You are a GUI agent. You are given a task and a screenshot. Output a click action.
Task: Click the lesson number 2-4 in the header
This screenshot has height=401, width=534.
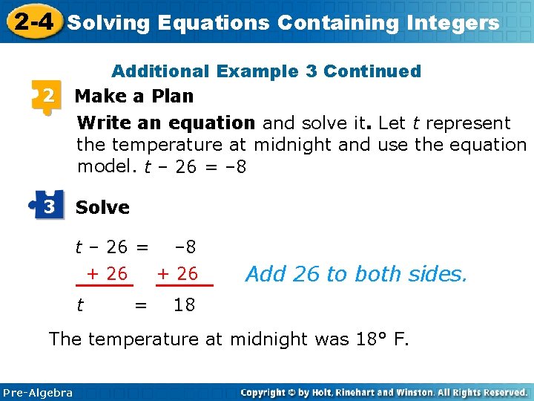tap(33, 22)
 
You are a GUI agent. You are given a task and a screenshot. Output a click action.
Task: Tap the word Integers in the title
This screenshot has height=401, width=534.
tap(454, 23)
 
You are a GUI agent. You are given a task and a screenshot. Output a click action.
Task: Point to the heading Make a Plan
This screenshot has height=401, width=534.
tap(134, 97)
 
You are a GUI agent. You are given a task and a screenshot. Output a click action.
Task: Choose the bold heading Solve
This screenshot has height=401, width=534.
tap(102, 208)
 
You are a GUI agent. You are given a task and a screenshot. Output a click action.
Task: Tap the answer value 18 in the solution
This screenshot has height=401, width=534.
tap(184, 304)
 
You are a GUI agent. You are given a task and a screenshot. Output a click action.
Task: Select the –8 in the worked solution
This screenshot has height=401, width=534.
tap(184, 247)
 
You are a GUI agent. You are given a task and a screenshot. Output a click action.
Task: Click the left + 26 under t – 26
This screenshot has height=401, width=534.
tap(107, 274)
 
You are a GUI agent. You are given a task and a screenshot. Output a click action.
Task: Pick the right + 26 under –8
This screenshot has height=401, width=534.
tap(177, 274)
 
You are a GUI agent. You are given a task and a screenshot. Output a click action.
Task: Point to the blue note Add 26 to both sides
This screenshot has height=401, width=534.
tap(356, 274)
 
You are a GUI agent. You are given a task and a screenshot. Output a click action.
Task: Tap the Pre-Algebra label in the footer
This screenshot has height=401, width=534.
tap(38, 392)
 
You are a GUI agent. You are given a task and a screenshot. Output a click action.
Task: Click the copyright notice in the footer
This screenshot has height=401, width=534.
tap(383, 392)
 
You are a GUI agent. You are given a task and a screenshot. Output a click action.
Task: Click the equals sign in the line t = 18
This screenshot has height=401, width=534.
tap(139, 304)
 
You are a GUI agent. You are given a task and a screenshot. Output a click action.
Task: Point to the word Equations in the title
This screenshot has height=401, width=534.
tap(214, 23)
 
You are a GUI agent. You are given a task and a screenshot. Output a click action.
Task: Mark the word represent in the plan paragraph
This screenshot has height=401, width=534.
tap(467, 123)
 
